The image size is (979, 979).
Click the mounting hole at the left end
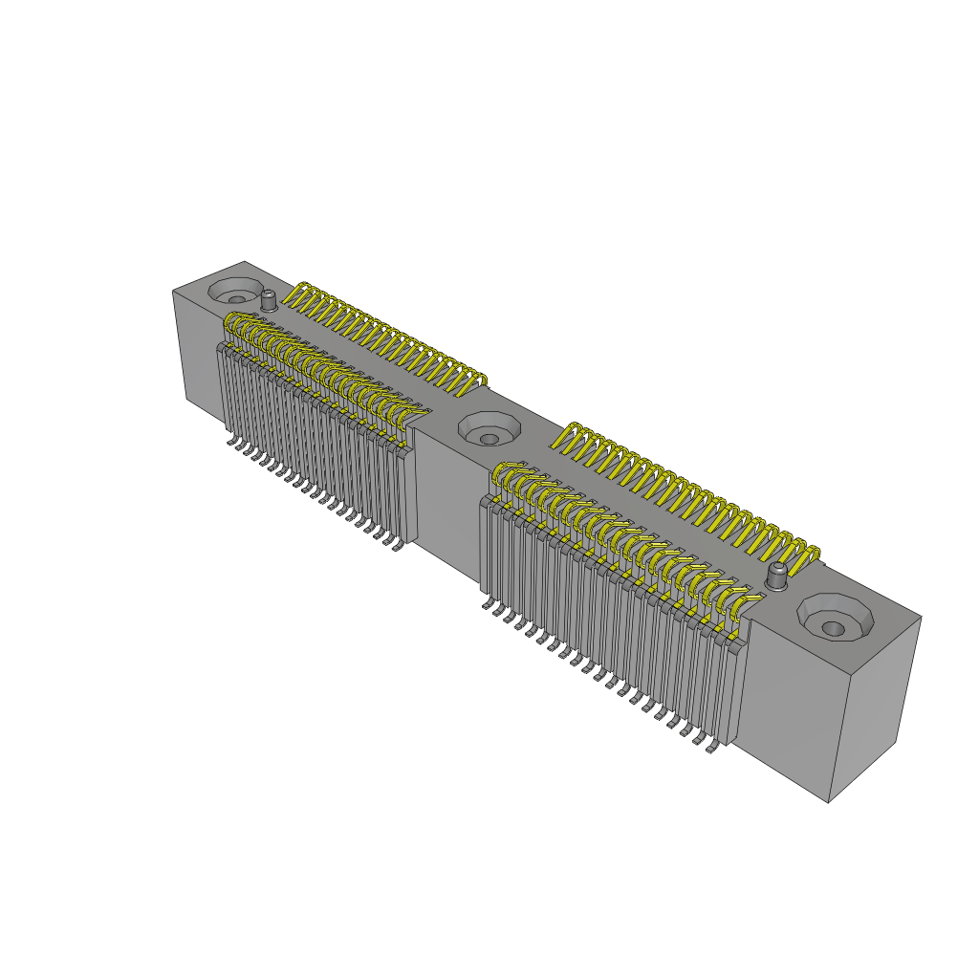(235, 291)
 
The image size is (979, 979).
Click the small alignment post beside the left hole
(270, 300)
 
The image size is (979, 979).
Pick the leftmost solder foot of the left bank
(231, 441)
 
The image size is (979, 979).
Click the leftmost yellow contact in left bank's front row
(229, 329)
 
